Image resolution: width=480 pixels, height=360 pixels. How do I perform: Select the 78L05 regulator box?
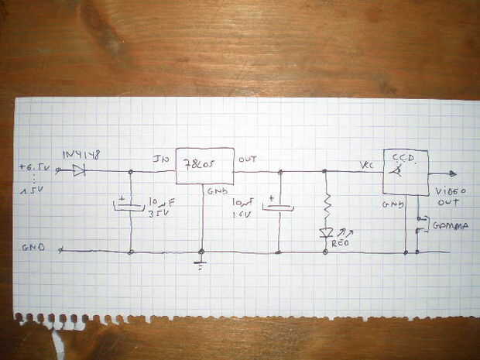click(204, 166)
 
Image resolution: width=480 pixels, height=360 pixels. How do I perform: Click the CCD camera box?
click(406, 171)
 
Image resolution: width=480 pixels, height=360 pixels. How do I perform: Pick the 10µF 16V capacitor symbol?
click(279, 206)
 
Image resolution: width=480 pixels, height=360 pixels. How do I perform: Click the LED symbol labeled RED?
click(325, 233)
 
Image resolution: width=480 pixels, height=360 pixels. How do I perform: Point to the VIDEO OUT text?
click(448, 196)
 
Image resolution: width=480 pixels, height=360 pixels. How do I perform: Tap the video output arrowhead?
click(452, 173)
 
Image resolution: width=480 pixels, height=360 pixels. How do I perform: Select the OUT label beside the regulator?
click(248, 159)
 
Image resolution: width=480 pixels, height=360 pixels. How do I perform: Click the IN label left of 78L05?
click(161, 160)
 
